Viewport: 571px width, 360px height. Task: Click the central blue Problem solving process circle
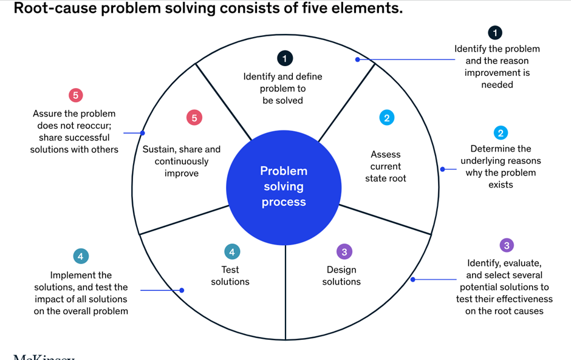pos(284,186)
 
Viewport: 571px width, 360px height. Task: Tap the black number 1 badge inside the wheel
pos(284,58)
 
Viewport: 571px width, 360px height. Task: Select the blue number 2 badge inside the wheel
pos(386,118)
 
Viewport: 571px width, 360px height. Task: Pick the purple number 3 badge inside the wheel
pos(344,251)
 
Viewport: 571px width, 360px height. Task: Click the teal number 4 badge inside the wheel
pos(231,251)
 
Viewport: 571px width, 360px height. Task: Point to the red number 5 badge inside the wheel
pos(194,118)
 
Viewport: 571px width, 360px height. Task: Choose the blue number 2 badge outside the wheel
pos(501,133)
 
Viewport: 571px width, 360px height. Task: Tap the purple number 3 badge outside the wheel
pos(506,245)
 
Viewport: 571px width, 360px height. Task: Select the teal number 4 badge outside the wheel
pos(81,256)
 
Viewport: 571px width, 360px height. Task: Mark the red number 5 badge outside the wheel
pos(75,95)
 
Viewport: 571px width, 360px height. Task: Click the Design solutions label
pos(341,276)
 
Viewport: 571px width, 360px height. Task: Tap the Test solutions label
pos(230,276)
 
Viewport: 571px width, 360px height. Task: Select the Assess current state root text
pos(386,166)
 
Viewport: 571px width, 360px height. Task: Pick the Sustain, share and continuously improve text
pos(182,161)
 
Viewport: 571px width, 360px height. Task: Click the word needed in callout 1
pos(497,85)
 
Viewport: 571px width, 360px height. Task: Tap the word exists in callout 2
pos(501,185)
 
